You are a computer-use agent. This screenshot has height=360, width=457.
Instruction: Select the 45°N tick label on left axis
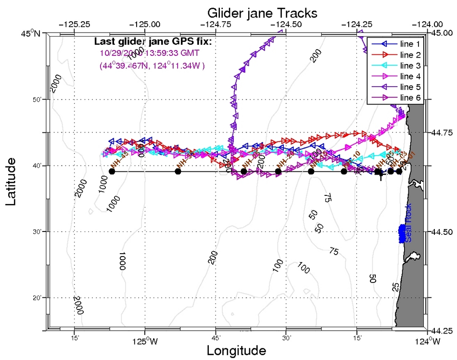tap(32, 33)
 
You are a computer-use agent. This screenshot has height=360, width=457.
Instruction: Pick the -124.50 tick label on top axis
tap(286, 24)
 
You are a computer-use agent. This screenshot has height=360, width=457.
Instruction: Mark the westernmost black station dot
tap(112, 171)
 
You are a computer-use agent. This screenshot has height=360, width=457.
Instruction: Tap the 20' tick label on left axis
tap(38, 298)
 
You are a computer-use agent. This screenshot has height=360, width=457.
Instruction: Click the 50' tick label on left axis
tap(38, 99)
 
